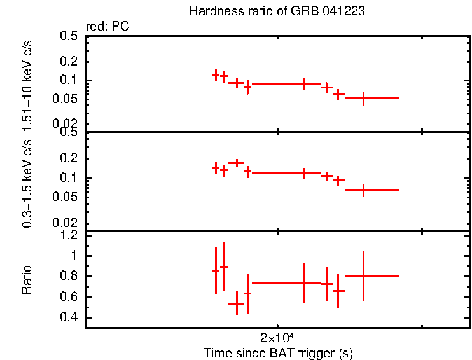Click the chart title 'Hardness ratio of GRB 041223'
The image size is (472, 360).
click(277, 11)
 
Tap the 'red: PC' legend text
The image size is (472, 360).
click(108, 27)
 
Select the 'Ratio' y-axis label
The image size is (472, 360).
click(27, 279)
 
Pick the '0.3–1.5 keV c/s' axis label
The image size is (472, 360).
click(27, 184)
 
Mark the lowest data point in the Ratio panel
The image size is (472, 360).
click(237, 303)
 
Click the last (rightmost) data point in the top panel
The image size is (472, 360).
click(363, 97)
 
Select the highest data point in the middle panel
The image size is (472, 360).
click(237, 163)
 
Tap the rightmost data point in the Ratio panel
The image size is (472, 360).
click(363, 276)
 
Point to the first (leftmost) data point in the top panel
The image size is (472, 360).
click(216, 74)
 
